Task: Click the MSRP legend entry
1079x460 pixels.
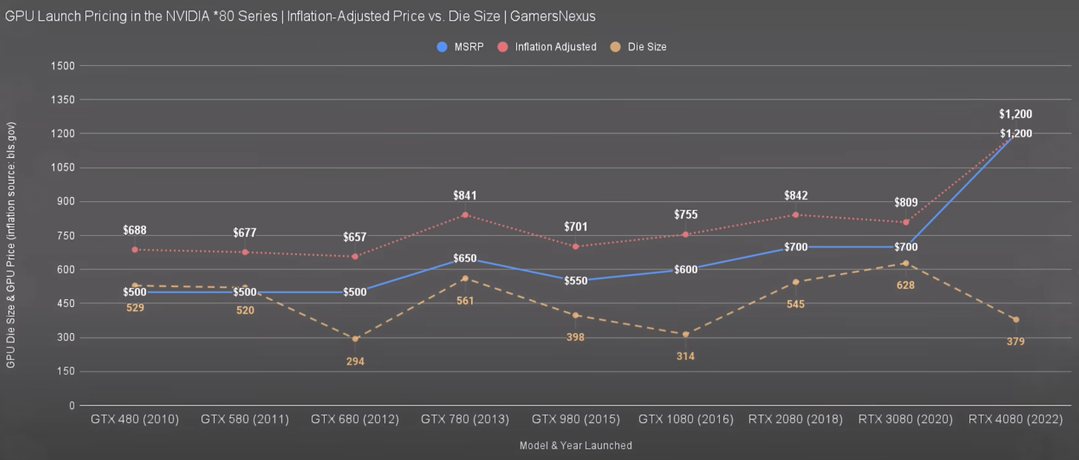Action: pos(461,47)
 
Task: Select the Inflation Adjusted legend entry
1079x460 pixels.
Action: pos(549,47)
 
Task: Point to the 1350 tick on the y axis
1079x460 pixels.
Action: pos(63,99)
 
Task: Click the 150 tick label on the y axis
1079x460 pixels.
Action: pos(66,372)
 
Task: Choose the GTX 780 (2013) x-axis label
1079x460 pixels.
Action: pos(465,419)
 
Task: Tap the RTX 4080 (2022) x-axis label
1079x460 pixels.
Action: pos(1015,419)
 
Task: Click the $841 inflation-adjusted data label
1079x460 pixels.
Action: pos(465,196)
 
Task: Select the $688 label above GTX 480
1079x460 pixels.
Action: pos(135,231)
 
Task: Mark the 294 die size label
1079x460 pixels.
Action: pos(355,361)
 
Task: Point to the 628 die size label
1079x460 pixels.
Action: pos(905,285)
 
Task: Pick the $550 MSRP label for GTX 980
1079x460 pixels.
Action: pos(575,281)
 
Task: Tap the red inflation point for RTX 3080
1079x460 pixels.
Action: pos(905,222)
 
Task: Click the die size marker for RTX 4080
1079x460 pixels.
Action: pos(1015,320)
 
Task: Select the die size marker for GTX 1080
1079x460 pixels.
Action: pos(685,335)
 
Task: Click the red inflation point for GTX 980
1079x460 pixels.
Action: pos(575,246)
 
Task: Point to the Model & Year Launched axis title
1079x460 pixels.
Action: pos(575,446)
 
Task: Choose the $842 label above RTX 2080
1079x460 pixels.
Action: pos(796,196)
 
